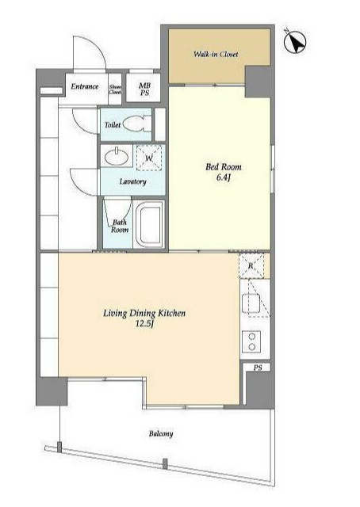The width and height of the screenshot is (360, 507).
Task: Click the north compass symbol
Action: click(295, 42)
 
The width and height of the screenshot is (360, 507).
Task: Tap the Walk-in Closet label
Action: click(216, 55)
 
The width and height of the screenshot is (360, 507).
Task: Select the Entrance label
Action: click(85, 86)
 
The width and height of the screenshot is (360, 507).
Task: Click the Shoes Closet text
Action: click(115, 90)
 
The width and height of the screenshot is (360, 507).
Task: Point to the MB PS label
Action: click(144, 89)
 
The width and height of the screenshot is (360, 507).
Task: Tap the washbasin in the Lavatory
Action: click(117, 157)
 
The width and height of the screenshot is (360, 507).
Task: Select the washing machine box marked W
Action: click(148, 158)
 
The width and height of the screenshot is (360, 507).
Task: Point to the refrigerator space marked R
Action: click(251, 266)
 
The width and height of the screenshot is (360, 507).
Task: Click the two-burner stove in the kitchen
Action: click(251, 341)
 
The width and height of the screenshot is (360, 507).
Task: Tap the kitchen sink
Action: click(251, 303)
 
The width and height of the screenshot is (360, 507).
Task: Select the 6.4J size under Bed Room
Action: click(224, 177)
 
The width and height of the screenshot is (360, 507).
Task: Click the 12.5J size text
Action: click(144, 324)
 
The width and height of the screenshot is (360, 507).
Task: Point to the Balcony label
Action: click(161, 433)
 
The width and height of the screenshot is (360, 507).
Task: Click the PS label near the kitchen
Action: click(258, 368)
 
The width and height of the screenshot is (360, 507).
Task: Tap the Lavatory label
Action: click(132, 181)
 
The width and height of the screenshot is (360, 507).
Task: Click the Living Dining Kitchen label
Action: click(144, 314)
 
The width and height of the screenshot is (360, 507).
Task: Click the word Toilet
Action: click(113, 125)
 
